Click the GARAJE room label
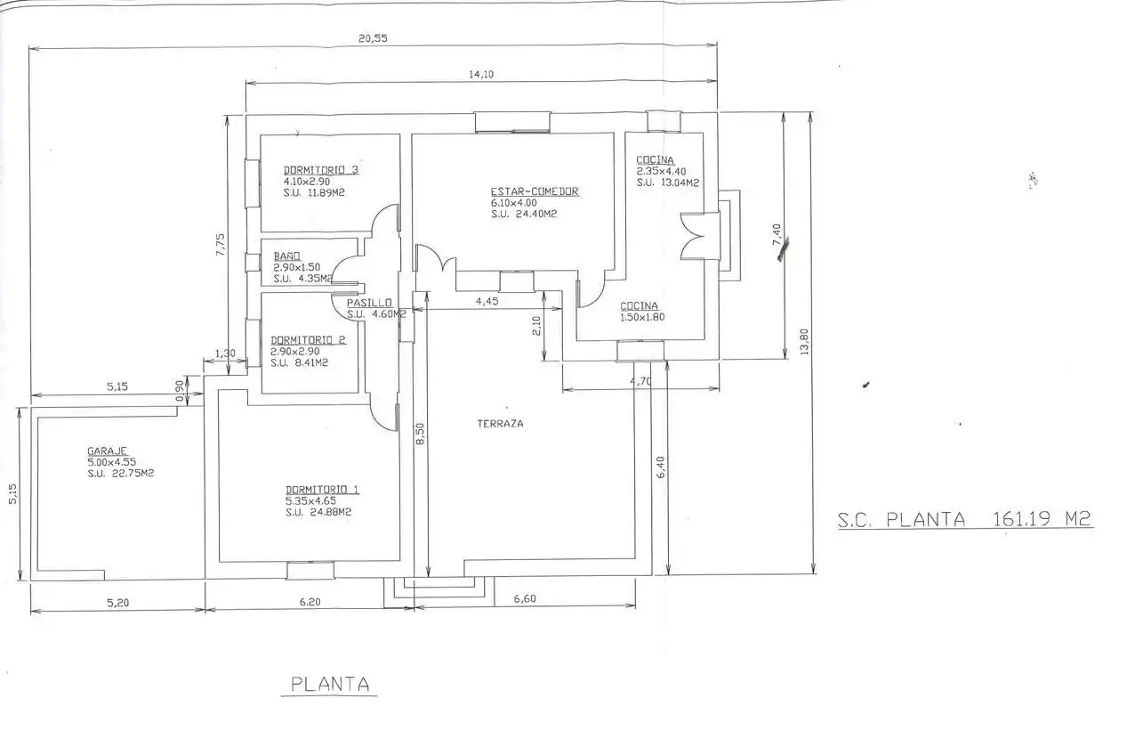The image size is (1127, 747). tap(107, 451)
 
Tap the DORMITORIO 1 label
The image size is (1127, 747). tap(322, 490)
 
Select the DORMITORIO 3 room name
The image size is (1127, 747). tap(321, 170)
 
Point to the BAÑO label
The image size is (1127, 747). tap(286, 256)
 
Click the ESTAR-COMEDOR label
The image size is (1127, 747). tap(535, 191)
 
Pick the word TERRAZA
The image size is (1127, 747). tap(500, 424)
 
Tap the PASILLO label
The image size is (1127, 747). tap(369, 303)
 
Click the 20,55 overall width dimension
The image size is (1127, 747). tap(373, 38)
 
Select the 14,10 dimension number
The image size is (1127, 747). tap(481, 75)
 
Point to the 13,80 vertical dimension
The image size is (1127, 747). tap(803, 342)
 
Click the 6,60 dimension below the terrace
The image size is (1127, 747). tap(525, 598)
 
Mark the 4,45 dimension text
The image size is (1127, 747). tap(487, 301)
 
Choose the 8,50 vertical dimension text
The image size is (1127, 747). tap(420, 434)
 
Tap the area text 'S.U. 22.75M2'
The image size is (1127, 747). tap(120, 474)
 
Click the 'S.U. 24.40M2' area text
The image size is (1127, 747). tap(524, 214)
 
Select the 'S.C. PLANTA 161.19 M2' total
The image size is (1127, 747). tap(964, 519)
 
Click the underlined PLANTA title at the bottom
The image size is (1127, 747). tap(330, 684)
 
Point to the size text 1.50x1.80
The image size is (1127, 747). tap(642, 317)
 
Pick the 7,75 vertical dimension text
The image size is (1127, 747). tap(221, 244)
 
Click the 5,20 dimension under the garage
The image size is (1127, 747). tap(117, 603)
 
